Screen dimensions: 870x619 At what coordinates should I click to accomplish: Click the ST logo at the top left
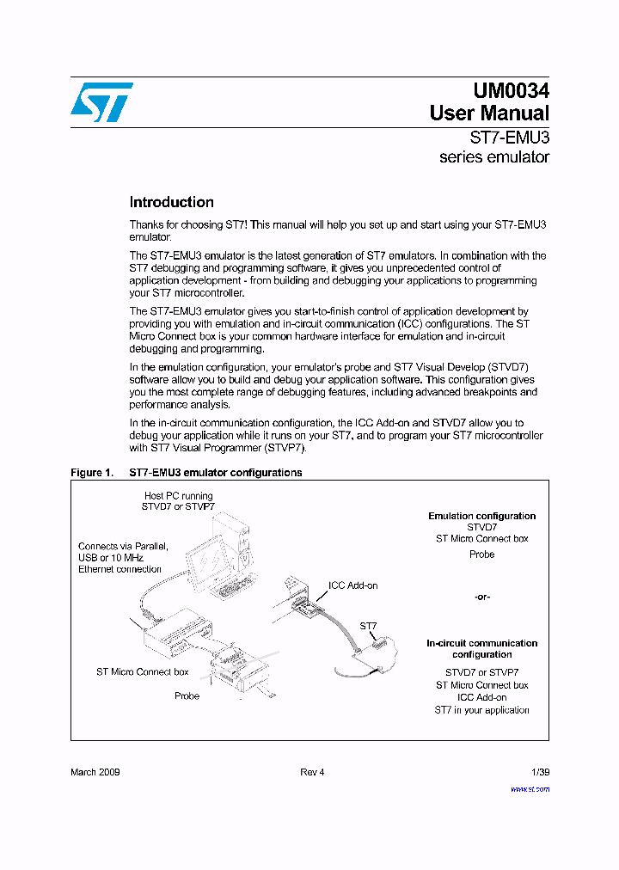(x=101, y=102)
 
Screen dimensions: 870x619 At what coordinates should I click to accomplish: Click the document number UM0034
(x=511, y=91)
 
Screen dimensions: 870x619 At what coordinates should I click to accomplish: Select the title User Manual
(x=489, y=113)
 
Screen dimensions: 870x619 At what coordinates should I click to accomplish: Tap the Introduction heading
(x=171, y=203)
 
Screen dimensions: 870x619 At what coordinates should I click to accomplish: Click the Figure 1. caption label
(x=91, y=473)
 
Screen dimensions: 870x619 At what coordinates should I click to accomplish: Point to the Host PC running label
(x=179, y=496)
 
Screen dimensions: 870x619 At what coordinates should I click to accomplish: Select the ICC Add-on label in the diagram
(x=352, y=585)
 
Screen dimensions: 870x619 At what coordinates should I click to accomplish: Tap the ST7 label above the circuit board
(x=368, y=627)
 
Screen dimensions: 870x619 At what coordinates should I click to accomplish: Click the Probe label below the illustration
(x=187, y=695)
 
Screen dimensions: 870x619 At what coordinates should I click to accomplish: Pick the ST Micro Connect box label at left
(x=142, y=671)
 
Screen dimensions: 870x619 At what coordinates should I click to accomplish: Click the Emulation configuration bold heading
(x=481, y=516)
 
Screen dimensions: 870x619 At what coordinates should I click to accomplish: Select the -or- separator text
(x=481, y=597)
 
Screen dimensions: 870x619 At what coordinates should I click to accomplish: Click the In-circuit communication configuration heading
(x=481, y=649)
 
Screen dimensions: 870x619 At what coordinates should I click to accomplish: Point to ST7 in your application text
(x=481, y=710)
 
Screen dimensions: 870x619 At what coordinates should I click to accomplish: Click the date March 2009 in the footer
(x=95, y=772)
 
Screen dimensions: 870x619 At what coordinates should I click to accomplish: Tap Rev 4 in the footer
(x=312, y=772)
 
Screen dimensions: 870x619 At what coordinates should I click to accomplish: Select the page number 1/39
(x=538, y=772)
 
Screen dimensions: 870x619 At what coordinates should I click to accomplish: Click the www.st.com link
(x=530, y=788)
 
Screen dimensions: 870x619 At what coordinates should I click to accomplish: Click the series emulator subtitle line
(x=493, y=157)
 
